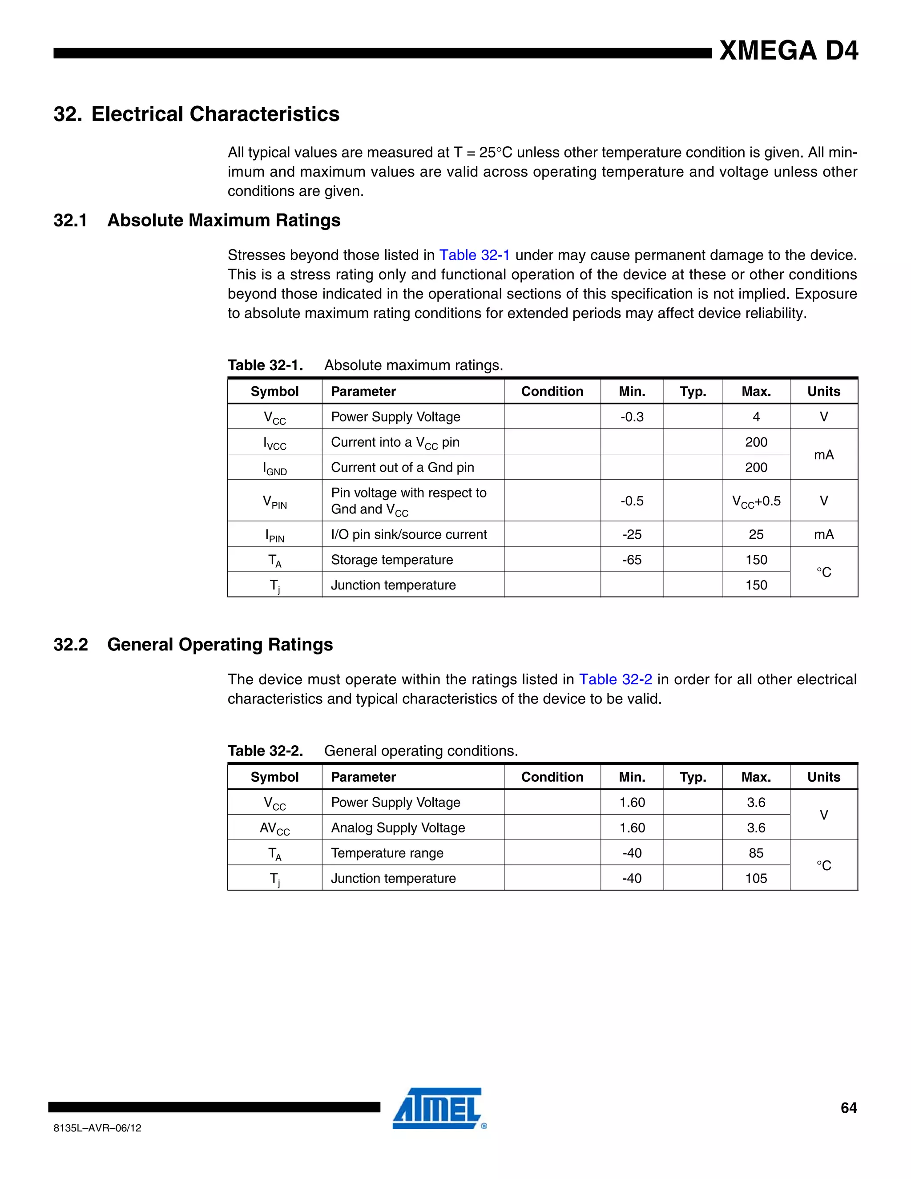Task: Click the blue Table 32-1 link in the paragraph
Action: (474, 255)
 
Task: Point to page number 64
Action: (848, 1108)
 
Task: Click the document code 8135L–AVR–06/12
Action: (98, 1128)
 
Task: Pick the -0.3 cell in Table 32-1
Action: (632, 417)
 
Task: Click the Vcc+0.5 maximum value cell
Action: (756, 501)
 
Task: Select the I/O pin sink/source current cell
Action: (408, 534)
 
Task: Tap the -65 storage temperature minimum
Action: (632, 560)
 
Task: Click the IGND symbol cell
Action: (275, 468)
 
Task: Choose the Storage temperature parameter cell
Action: (392, 560)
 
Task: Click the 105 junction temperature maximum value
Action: (756, 878)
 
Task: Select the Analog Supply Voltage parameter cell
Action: (398, 828)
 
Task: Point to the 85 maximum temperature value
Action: (756, 853)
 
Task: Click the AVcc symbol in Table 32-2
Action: (275, 828)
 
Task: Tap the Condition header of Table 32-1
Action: (552, 392)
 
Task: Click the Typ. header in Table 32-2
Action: (693, 777)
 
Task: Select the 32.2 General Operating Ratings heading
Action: (193, 645)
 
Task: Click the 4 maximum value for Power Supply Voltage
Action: (756, 417)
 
